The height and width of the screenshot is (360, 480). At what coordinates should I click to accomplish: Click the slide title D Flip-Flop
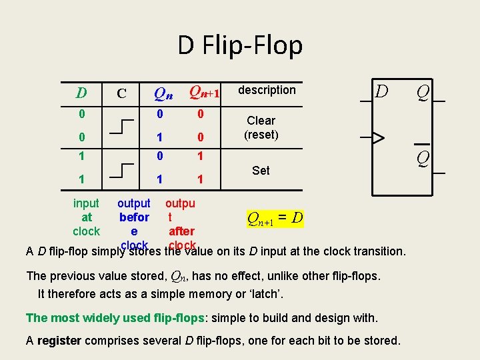[240, 45]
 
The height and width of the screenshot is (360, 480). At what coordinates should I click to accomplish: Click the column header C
[122, 93]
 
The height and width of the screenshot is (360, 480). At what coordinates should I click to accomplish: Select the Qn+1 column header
[205, 92]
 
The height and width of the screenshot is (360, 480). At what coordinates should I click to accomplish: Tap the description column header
[267, 90]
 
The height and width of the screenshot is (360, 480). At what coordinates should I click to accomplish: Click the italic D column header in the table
[81, 93]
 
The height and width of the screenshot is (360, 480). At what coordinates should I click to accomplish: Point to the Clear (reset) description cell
[261, 127]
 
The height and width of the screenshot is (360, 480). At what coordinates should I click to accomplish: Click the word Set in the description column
[261, 171]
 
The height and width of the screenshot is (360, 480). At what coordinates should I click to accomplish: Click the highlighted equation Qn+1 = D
[275, 218]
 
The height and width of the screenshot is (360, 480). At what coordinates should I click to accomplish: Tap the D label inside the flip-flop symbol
[381, 91]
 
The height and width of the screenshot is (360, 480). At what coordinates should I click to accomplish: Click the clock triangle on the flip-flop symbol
[378, 138]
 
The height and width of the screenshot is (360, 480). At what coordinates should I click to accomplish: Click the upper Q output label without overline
[423, 91]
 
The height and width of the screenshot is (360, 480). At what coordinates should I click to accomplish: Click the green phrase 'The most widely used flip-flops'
[115, 318]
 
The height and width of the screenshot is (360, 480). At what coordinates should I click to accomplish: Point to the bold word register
[59, 341]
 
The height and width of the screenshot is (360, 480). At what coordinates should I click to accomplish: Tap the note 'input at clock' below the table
[86, 217]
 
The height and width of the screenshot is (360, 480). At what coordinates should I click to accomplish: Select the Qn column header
[163, 93]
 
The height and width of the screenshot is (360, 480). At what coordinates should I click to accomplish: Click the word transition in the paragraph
[377, 251]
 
